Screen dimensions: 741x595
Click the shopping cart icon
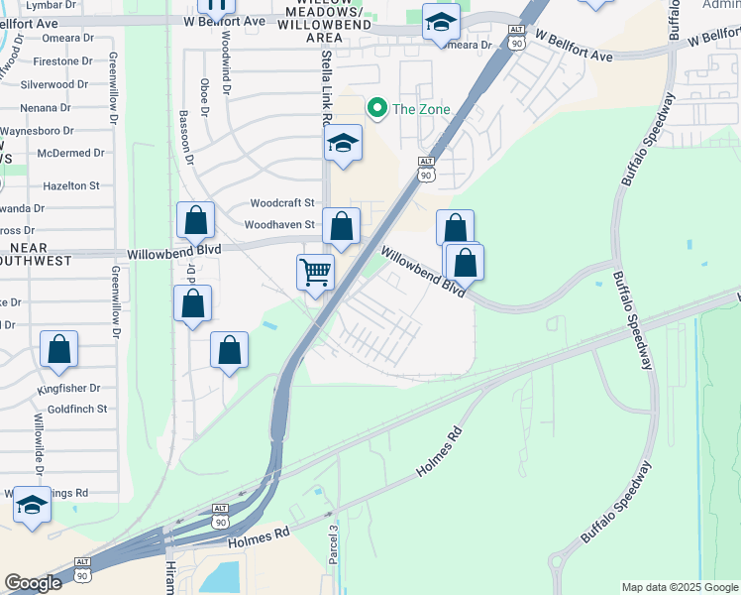pos(315,270)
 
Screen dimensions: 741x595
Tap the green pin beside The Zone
pos(376,108)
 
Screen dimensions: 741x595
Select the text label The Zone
pos(421,109)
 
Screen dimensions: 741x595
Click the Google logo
pos(34,583)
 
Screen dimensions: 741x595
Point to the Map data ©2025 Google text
pos(680,587)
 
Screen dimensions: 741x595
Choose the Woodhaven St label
pos(279,225)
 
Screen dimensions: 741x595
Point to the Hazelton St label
pos(71,185)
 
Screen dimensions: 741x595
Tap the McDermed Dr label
pos(70,153)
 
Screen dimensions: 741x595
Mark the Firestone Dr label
pos(62,61)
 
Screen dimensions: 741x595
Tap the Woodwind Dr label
pos(226,61)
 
